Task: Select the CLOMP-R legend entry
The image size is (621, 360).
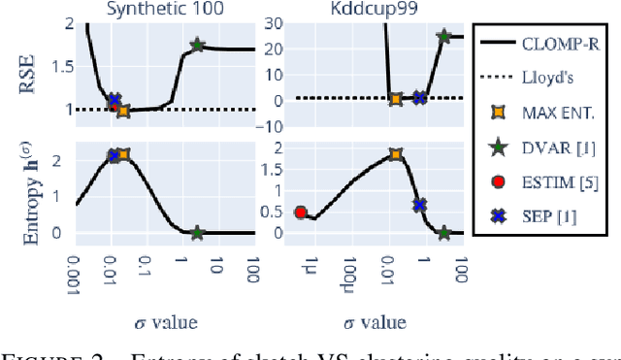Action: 564,43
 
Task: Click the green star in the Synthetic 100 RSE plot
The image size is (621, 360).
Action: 197,46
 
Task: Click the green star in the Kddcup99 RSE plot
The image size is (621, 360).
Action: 444,37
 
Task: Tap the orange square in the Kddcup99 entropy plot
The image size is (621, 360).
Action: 395,154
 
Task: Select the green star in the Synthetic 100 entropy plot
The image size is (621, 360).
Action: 197,233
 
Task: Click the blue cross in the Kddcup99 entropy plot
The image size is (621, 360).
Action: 420,205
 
